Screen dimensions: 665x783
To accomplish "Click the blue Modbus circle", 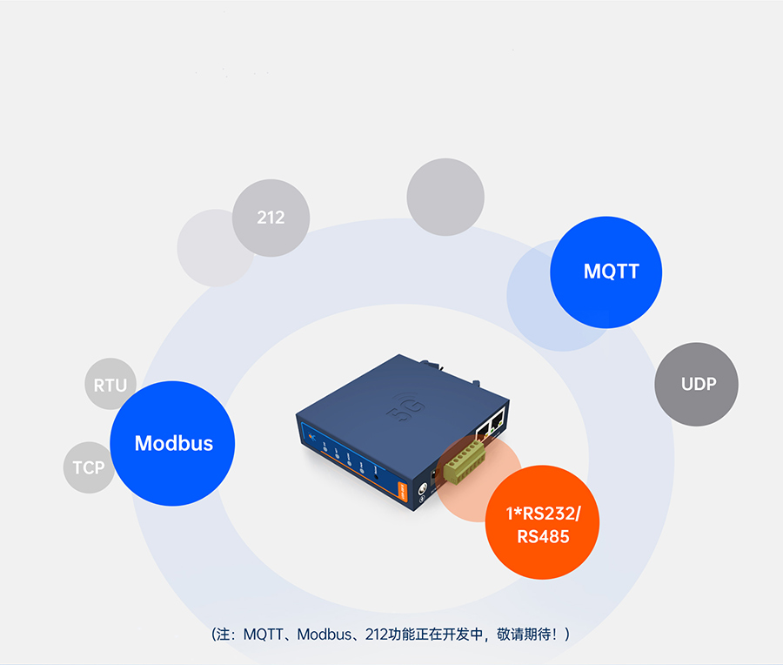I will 173,443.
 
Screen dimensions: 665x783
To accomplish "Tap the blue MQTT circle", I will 606,272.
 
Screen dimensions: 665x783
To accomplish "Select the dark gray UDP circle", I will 696,384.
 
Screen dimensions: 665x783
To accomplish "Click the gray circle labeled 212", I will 271,218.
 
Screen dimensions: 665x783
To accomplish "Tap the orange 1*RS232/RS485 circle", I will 543,523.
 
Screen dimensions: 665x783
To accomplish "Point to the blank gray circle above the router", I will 445,197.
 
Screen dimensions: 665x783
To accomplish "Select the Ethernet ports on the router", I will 487,426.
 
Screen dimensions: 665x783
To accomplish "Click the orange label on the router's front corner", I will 403,489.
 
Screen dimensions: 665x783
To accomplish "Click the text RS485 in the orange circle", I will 543,537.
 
